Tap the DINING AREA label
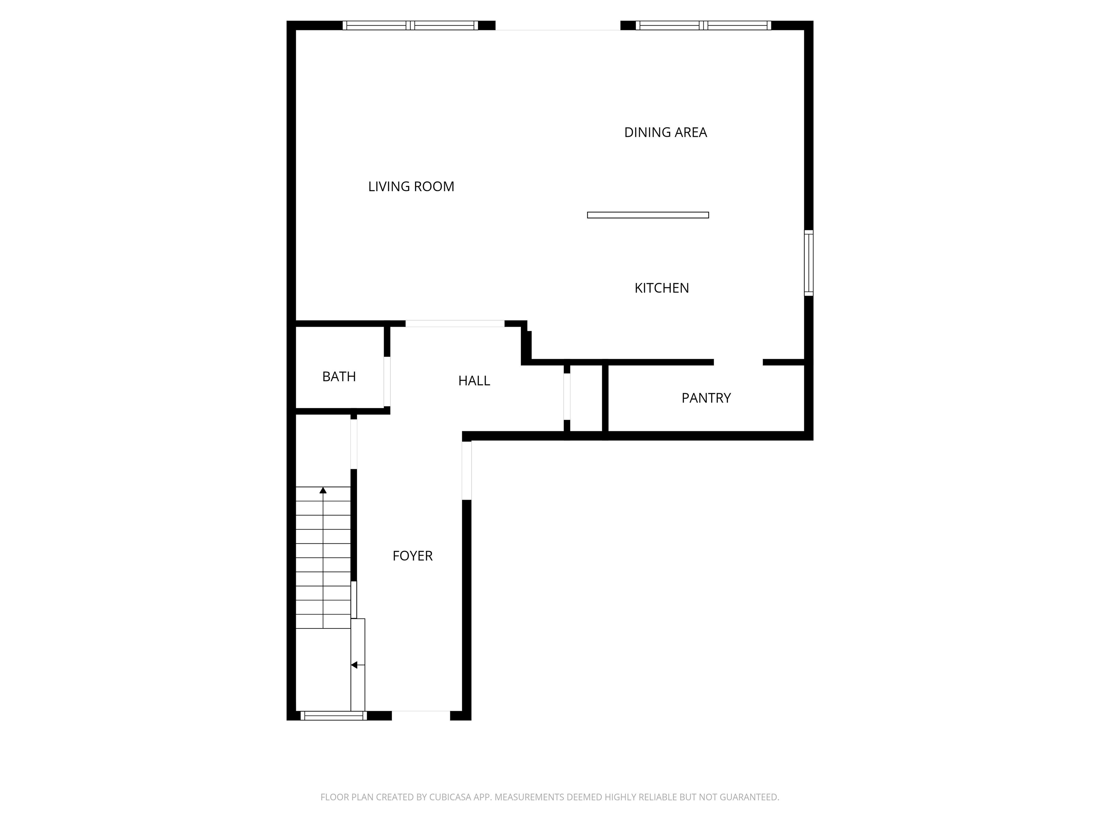point(665,132)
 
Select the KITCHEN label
point(661,288)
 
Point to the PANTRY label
point(706,398)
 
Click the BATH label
point(339,376)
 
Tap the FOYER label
point(412,555)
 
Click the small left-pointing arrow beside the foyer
point(354,665)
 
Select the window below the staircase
point(333,715)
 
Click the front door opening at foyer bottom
point(421,715)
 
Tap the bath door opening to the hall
point(386,381)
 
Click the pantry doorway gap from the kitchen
point(738,362)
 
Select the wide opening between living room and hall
point(454,323)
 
